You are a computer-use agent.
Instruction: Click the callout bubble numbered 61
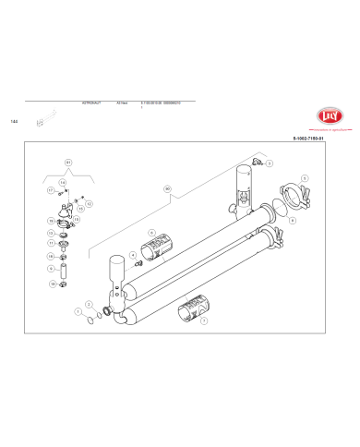pos(68,162)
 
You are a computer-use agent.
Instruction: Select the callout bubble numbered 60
pos(167,189)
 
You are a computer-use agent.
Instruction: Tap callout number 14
pos(61,183)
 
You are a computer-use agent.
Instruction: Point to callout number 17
pos(50,190)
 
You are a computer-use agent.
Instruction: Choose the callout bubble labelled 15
pos(79,209)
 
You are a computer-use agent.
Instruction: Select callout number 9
pos(51,269)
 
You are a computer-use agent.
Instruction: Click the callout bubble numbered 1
pos(78,312)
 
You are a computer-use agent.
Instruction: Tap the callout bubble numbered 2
pos(89,303)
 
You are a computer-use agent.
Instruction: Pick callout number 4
pos(133,254)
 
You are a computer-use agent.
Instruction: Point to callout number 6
pos(151,233)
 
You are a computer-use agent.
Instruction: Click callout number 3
pos(261,161)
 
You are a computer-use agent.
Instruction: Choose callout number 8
pos(292,222)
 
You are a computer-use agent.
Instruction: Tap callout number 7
pos(204,321)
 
